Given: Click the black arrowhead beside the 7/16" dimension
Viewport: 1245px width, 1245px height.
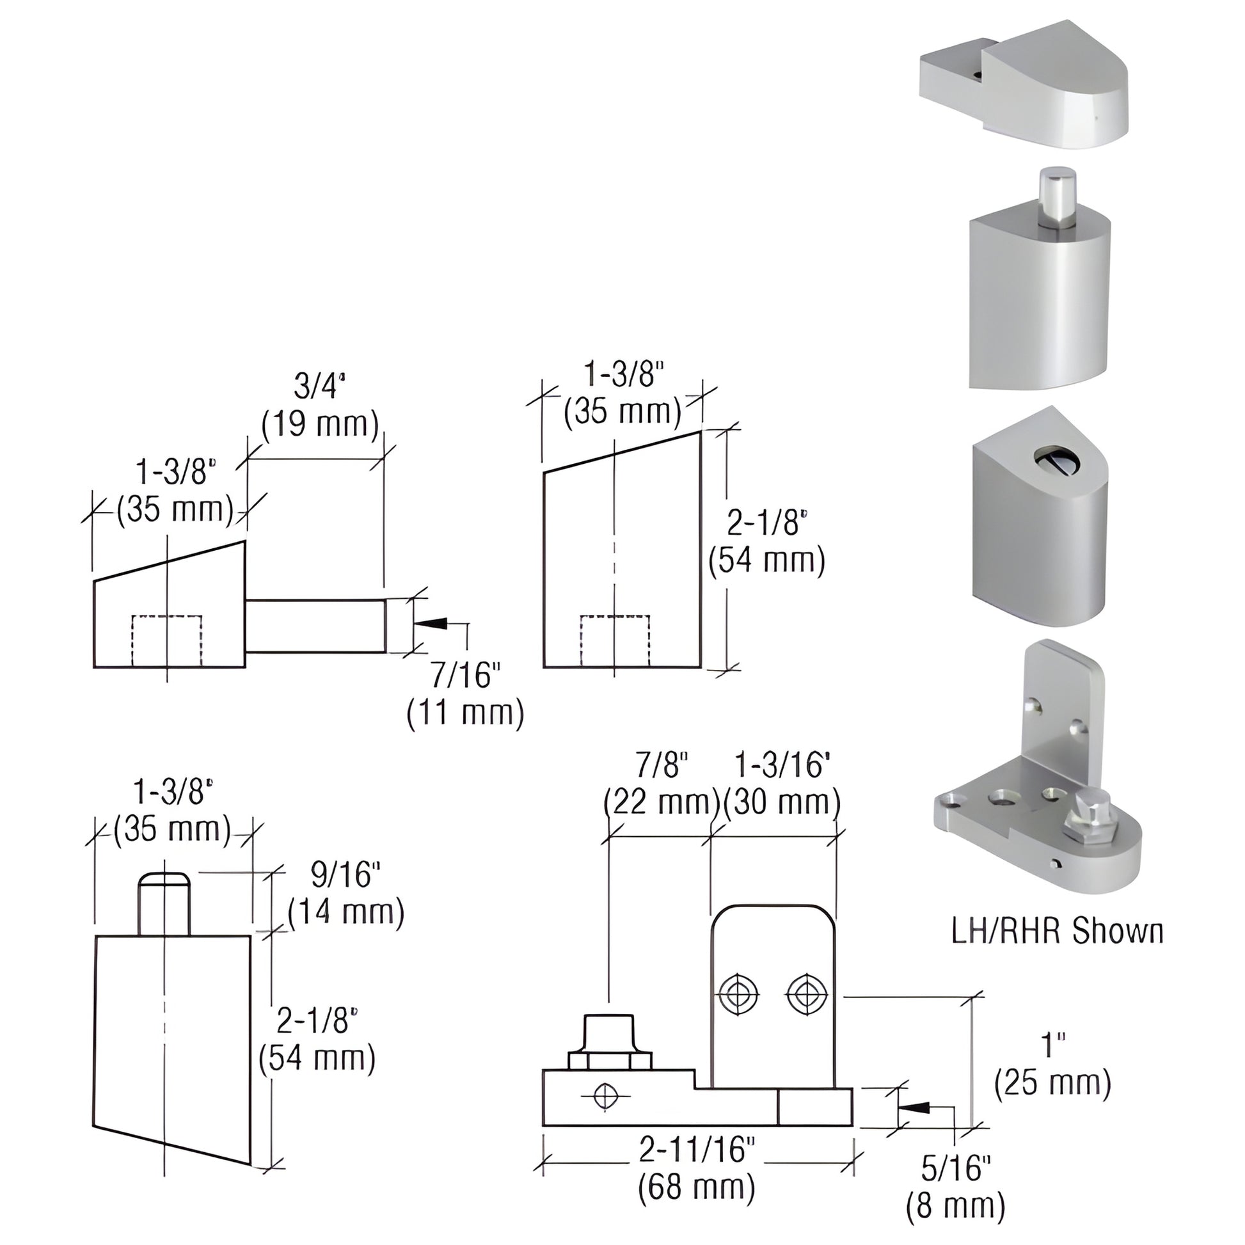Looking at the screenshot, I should click(432, 623).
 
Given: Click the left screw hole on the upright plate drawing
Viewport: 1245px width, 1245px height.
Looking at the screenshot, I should click(738, 995).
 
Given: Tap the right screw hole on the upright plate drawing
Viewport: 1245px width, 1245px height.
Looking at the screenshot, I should click(805, 995).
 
